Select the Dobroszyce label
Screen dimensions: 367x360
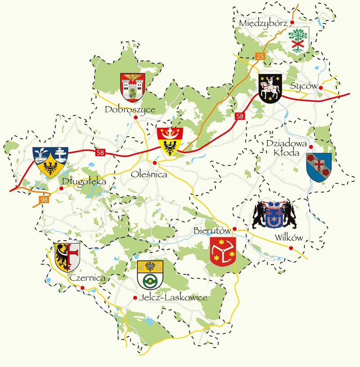point(130,109)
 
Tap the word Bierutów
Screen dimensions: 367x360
point(212,231)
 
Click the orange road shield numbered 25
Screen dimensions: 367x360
point(259,56)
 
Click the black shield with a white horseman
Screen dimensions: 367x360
point(270,89)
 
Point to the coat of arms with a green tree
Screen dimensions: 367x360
point(298,40)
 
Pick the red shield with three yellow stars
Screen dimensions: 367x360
point(223,251)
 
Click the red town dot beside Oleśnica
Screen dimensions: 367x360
point(154,163)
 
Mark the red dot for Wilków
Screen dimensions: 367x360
point(291,248)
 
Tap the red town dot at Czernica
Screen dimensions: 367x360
point(82,287)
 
